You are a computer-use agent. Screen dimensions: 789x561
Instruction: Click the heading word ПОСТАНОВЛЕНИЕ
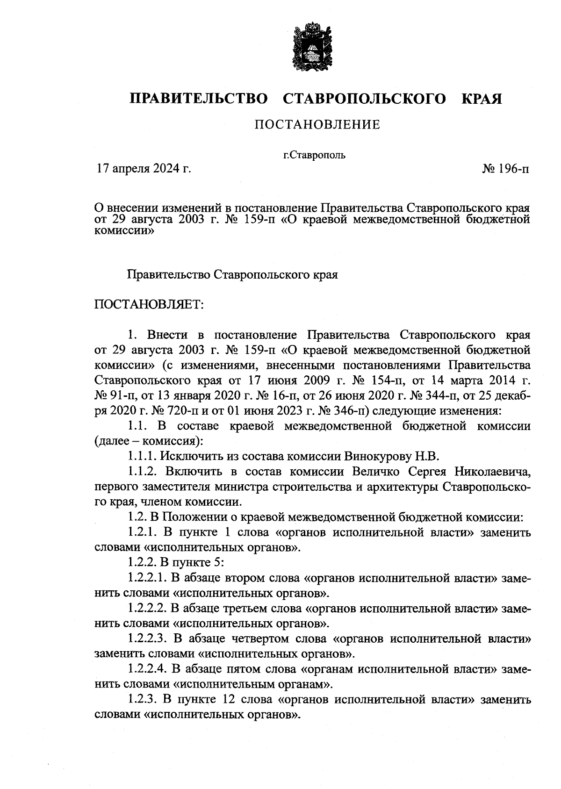[317, 125]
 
